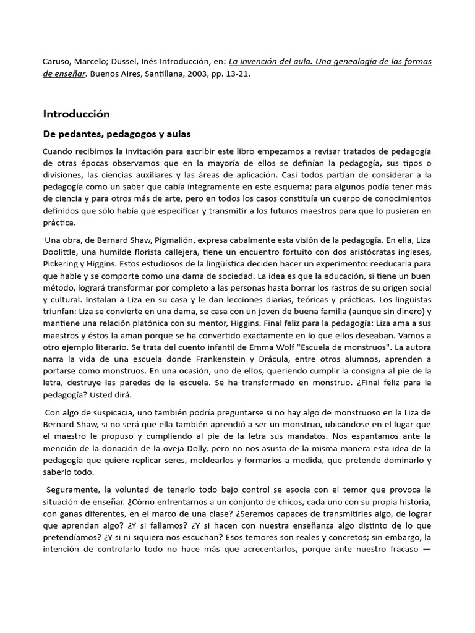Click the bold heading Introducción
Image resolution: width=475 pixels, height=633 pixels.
76,114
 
